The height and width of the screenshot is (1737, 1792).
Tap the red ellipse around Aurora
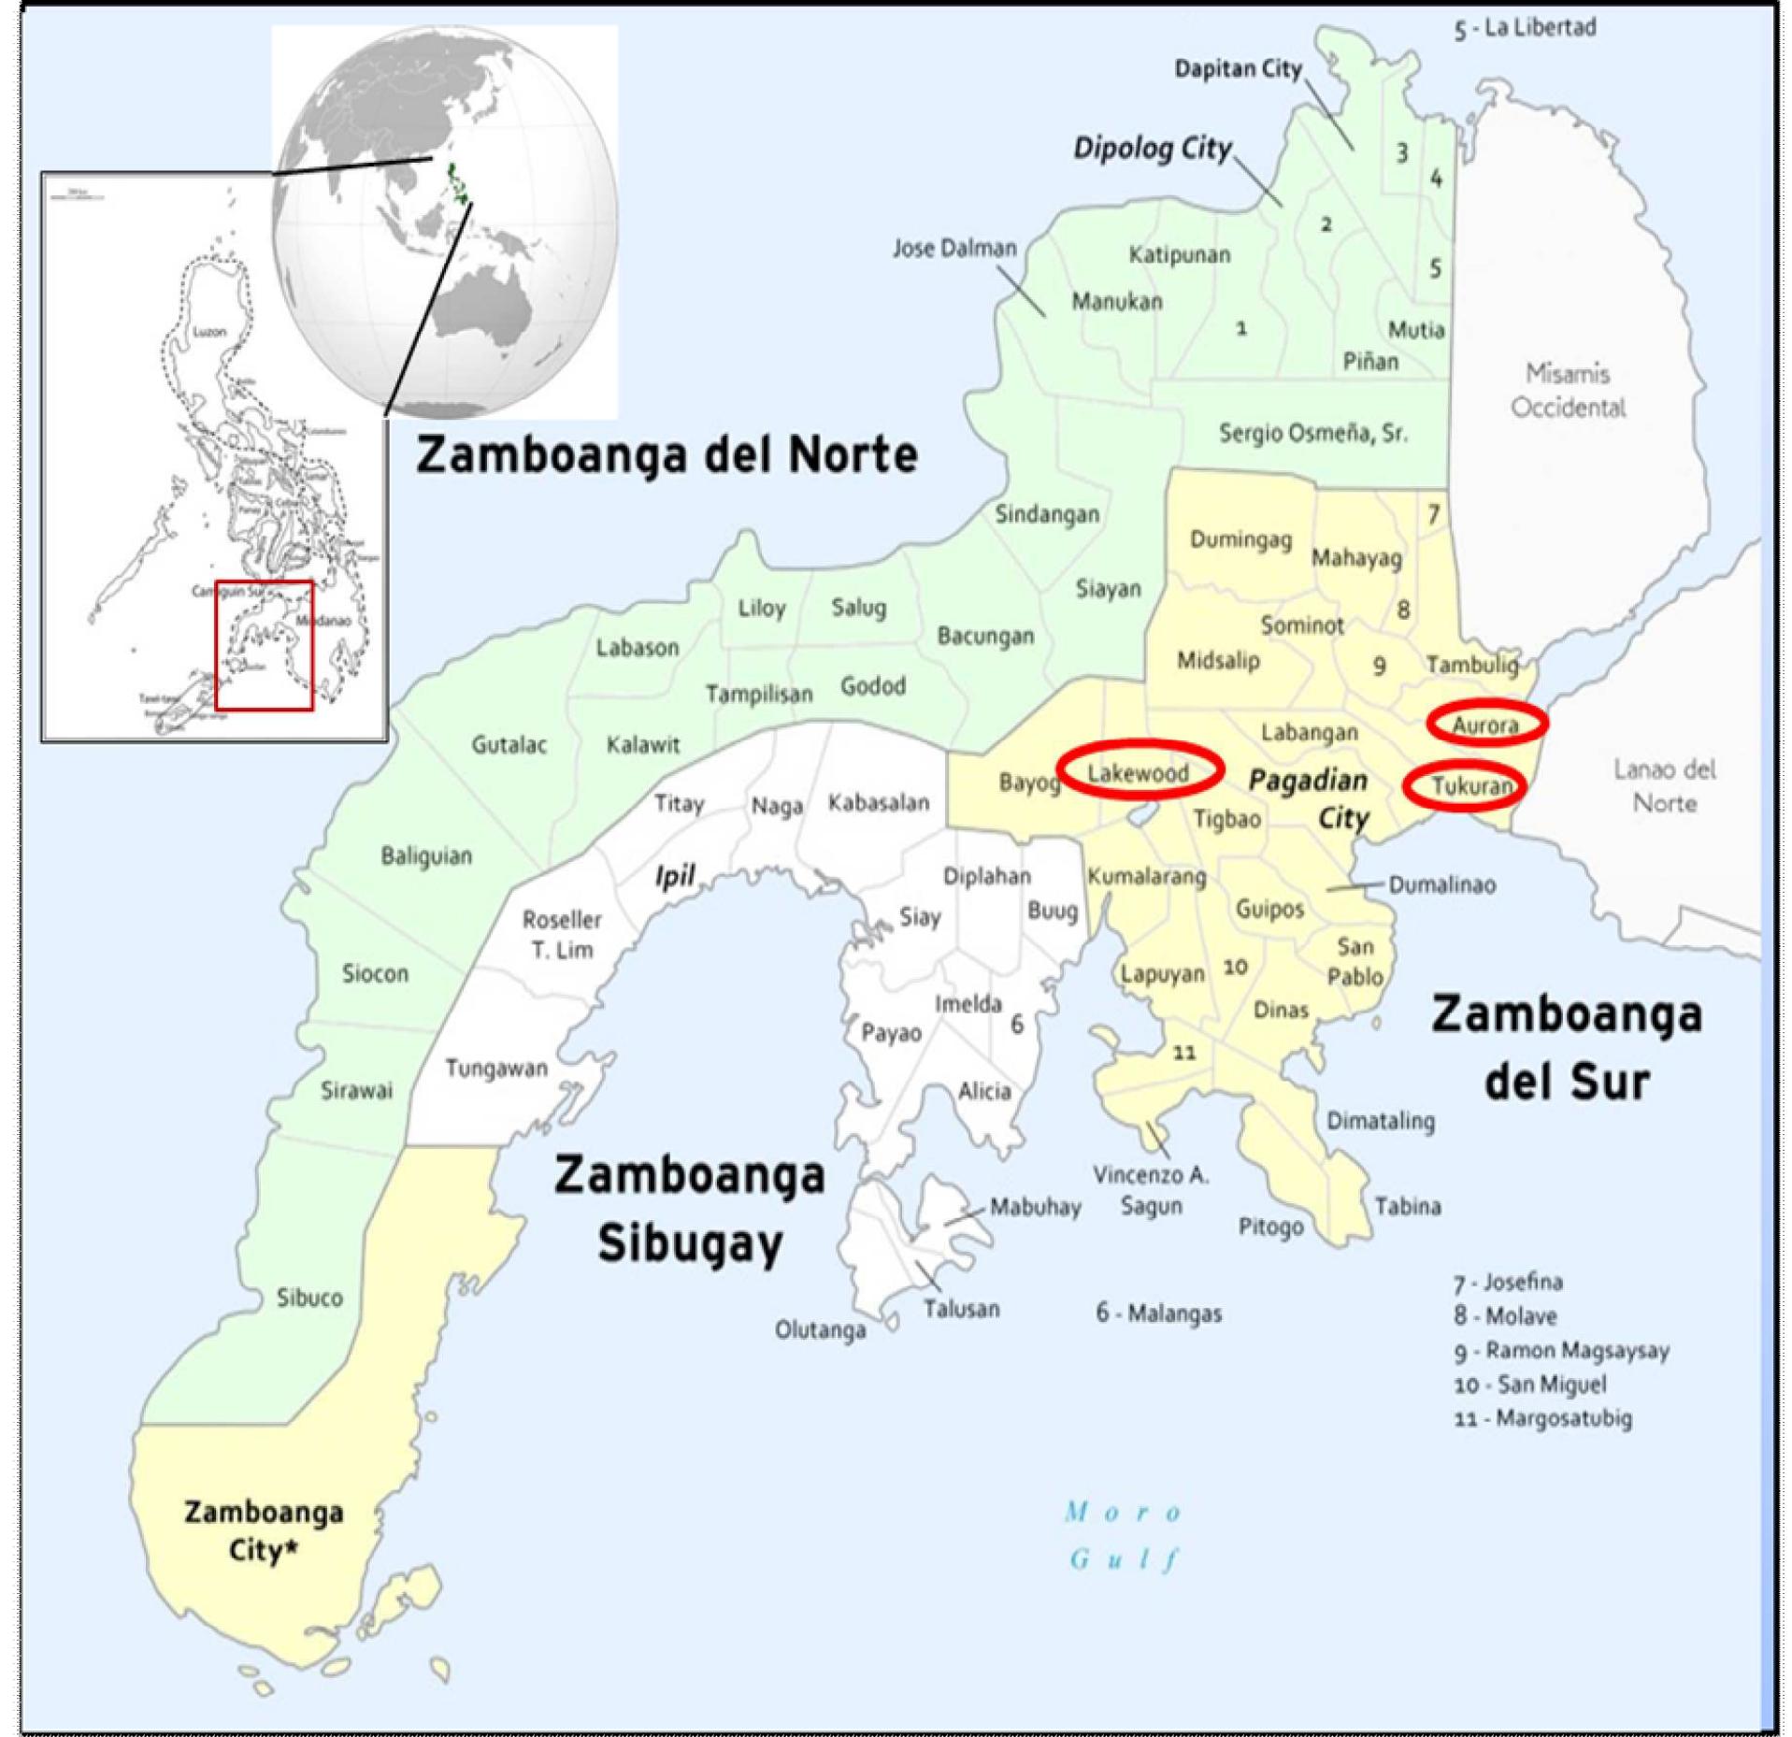point(1486,723)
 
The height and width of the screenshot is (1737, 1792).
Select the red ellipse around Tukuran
point(1464,785)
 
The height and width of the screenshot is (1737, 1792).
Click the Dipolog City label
point(1152,149)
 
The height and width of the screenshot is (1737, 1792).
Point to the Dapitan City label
point(1237,69)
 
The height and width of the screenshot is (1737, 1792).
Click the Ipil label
point(674,876)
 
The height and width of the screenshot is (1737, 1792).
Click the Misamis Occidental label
point(1568,391)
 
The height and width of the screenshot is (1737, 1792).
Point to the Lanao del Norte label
point(1664,785)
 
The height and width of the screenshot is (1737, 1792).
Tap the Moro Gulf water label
point(1125,1535)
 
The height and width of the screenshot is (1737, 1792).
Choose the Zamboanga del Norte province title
point(667,455)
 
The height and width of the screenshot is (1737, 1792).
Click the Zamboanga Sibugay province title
point(690,1208)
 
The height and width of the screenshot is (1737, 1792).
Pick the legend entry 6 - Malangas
point(1158,1313)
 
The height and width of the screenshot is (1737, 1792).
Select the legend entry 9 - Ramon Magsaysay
point(1560,1350)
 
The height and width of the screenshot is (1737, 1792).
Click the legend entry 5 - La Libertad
point(1524,28)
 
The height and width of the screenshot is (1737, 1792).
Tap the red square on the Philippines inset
point(264,645)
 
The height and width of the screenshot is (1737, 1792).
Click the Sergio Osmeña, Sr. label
point(1312,433)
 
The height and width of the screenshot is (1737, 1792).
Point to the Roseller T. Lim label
point(562,934)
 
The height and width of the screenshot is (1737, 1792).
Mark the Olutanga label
point(820,1329)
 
